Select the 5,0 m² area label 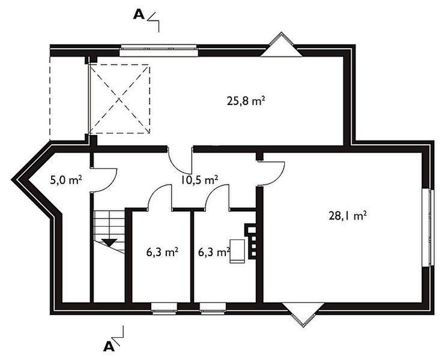click(x=65, y=179)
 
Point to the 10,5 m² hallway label click(x=199, y=179)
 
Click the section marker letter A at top click(x=138, y=15)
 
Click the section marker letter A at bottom click(x=109, y=346)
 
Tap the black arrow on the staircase click(x=109, y=242)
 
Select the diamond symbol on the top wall click(x=280, y=45)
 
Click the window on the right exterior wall click(x=429, y=227)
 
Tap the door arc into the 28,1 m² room click(x=271, y=175)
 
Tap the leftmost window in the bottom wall click(x=164, y=308)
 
